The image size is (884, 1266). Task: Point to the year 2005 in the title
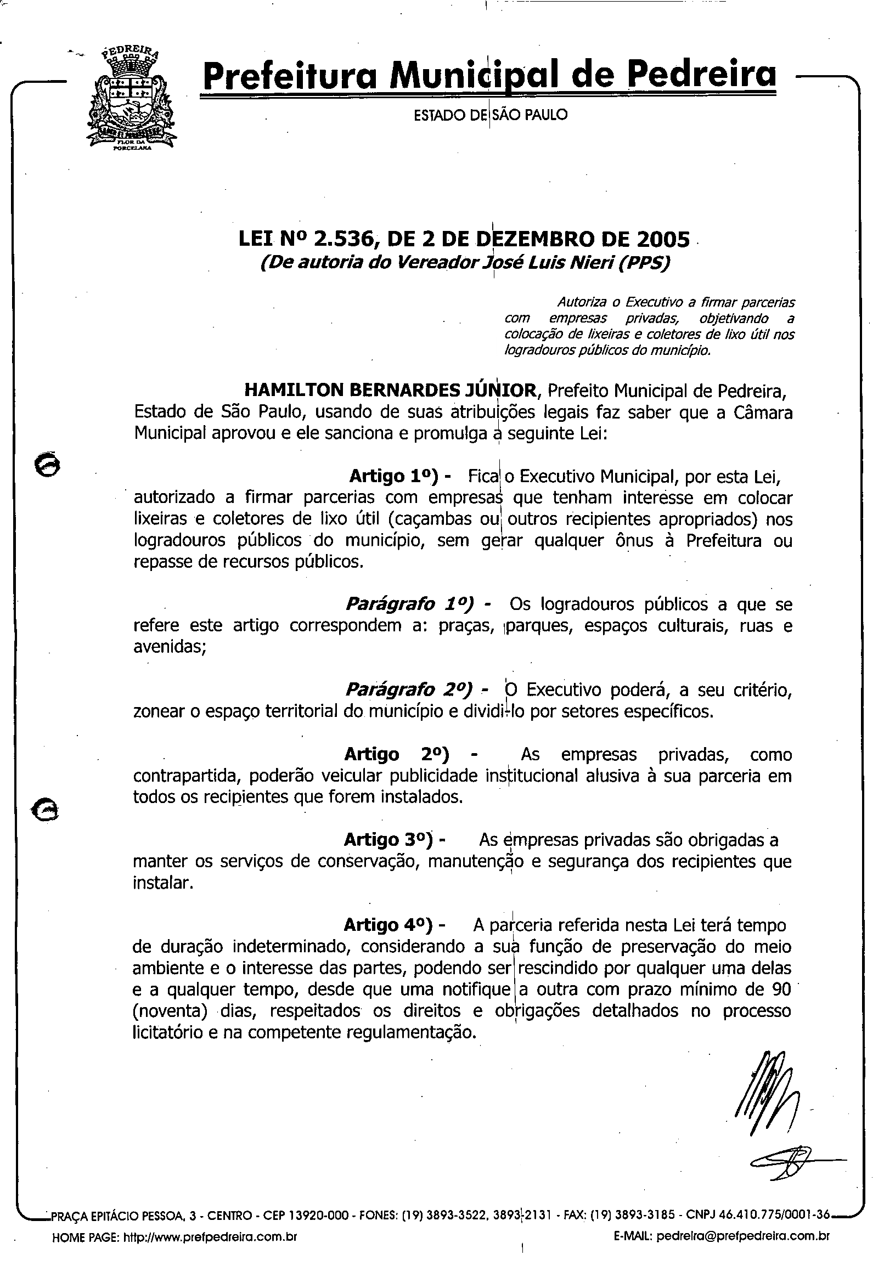pos(663,239)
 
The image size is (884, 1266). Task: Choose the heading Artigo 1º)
pos(394,476)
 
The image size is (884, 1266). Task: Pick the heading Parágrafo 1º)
pos(409,604)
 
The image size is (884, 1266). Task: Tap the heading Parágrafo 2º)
pos(409,690)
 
